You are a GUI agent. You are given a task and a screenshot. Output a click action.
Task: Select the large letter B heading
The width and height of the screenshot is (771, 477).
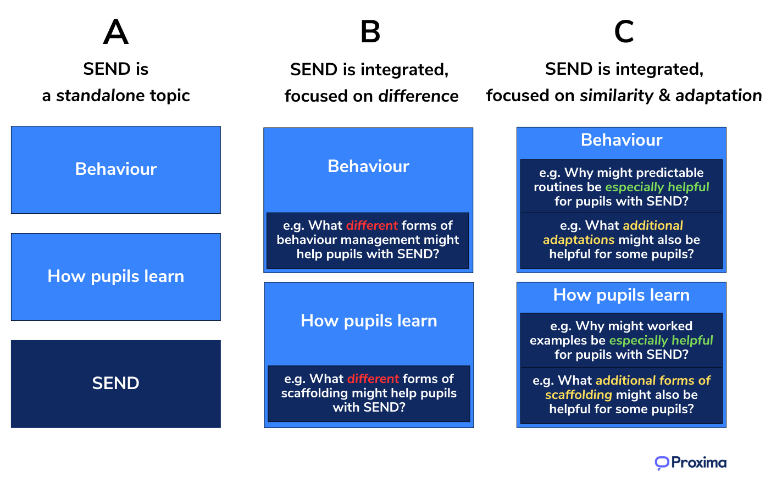[x=370, y=32]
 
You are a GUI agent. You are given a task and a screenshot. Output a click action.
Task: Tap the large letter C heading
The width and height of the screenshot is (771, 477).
[x=624, y=32]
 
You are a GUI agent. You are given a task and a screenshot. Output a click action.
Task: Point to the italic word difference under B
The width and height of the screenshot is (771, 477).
[x=418, y=96]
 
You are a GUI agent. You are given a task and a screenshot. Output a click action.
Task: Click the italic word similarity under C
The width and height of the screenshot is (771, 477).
[x=617, y=96]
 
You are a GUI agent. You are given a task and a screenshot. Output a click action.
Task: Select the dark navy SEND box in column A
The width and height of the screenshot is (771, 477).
[x=115, y=384]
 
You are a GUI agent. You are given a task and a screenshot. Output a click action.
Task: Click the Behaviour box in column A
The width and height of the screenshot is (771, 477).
[x=115, y=169]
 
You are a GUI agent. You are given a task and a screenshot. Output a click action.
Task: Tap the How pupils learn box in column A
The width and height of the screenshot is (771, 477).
[x=115, y=276]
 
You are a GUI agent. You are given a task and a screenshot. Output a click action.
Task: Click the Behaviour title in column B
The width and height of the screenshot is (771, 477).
[x=368, y=167]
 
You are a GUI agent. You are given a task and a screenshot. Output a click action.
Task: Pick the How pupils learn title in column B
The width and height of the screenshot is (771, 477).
[x=369, y=321]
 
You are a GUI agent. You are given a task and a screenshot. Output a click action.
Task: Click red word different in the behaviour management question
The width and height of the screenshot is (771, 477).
[x=372, y=226]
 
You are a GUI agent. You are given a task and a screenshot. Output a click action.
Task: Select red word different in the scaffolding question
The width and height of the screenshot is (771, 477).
[x=373, y=379]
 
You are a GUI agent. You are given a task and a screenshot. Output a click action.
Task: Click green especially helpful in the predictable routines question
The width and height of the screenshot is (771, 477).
[x=657, y=187]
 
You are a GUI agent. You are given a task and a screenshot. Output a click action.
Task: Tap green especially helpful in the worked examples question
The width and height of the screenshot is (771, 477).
[x=661, y=341]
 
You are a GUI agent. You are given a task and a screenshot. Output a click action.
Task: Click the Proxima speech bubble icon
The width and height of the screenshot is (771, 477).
[x=662, y=463]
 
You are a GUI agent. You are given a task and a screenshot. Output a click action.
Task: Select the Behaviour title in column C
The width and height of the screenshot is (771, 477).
[x=622, y=140]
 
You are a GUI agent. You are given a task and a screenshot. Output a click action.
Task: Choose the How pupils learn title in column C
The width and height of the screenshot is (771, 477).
[x=622, y=295]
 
